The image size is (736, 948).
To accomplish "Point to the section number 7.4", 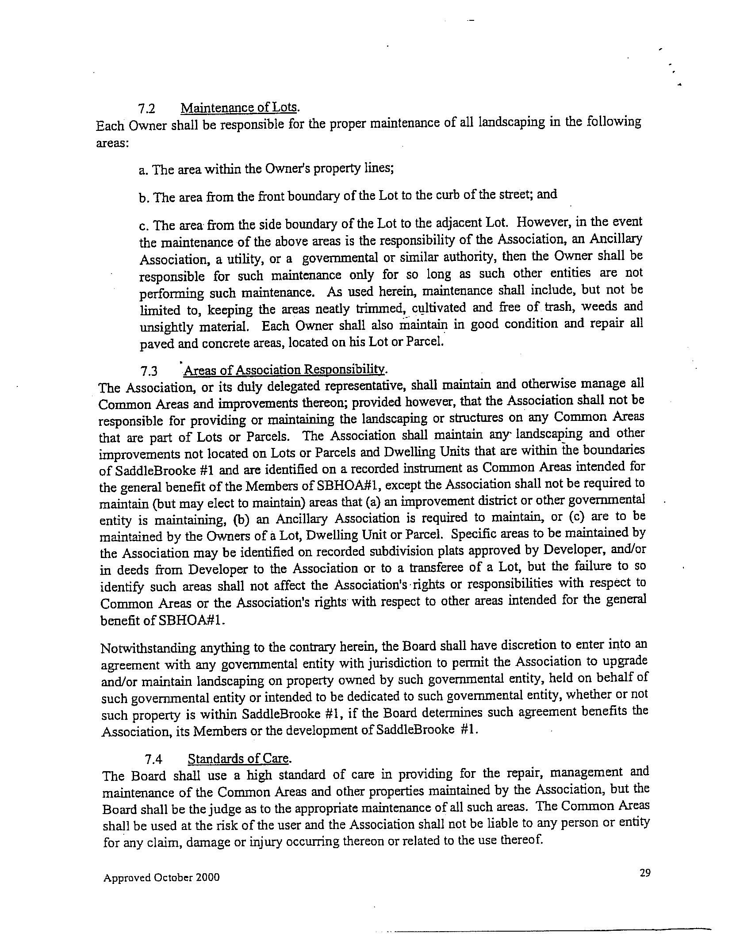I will pyautogui.click(x=153, y=759).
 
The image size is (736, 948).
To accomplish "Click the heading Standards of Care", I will pyautogui.click(x=239, y=759).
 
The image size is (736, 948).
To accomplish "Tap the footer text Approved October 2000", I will pyautogui.click(x=161, y=878).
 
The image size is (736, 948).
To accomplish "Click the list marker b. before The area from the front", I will pyautogui.click(x=143, y=198).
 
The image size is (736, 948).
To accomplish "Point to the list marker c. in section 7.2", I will pyautogui.click(x=143, y=226).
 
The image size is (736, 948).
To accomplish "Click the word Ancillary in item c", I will pyautogui.click(x=621, y=239).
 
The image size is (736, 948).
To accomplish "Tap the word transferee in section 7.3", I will pyautogui.click(x=443, y=568).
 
